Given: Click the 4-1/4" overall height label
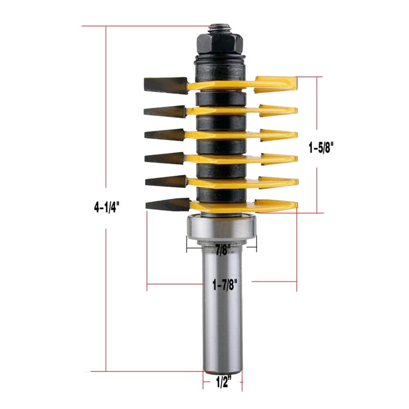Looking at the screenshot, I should [x=106, y=207].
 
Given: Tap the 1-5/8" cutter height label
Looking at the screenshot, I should [x=324, y=148].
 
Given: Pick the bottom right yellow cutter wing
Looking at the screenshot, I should [x=276, y=206].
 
